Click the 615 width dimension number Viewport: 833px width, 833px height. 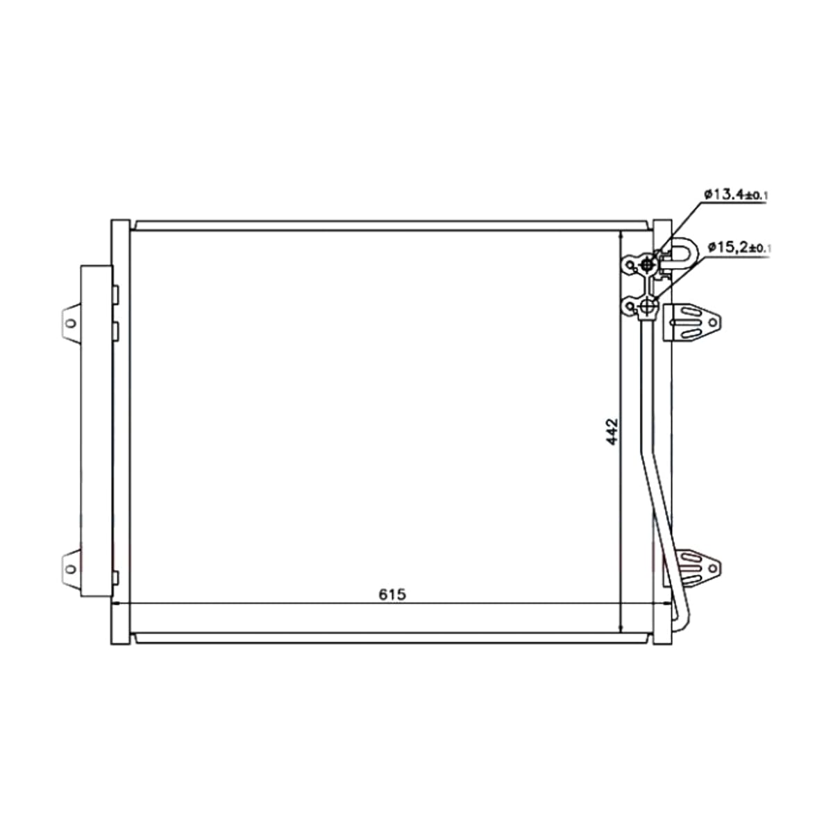[x=392, y=594]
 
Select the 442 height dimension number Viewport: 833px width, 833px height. [x=612, y=431]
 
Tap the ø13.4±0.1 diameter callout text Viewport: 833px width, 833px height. [x=736, y=194]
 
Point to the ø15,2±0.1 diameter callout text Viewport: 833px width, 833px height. [x=739, y=248]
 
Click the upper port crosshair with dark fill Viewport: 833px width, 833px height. [x=647, y=263]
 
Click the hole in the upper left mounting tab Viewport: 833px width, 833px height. [x=71, y=323]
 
